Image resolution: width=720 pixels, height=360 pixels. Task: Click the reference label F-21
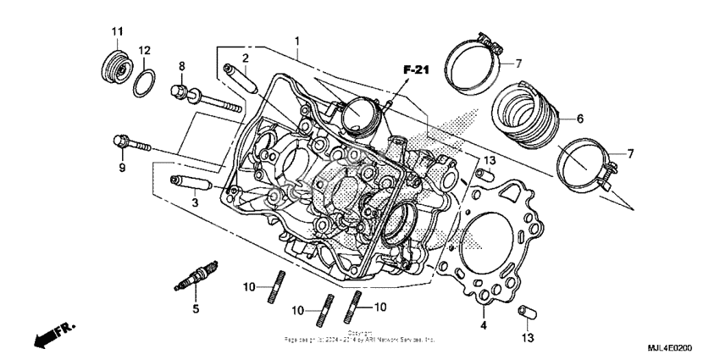tap(417, 70)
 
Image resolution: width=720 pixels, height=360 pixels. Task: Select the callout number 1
tap(297, 41)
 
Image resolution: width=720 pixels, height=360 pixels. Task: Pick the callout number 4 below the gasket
tap(484, 325)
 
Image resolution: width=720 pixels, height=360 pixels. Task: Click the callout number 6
tap(580, 119)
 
